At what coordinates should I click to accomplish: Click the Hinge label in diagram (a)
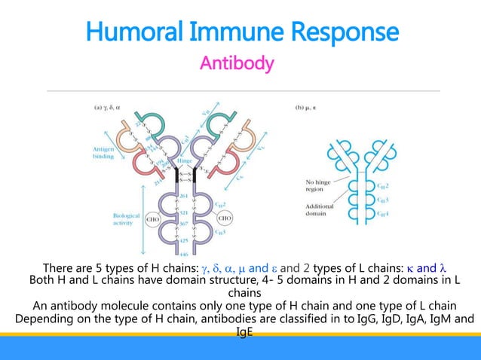coord(183,160)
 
